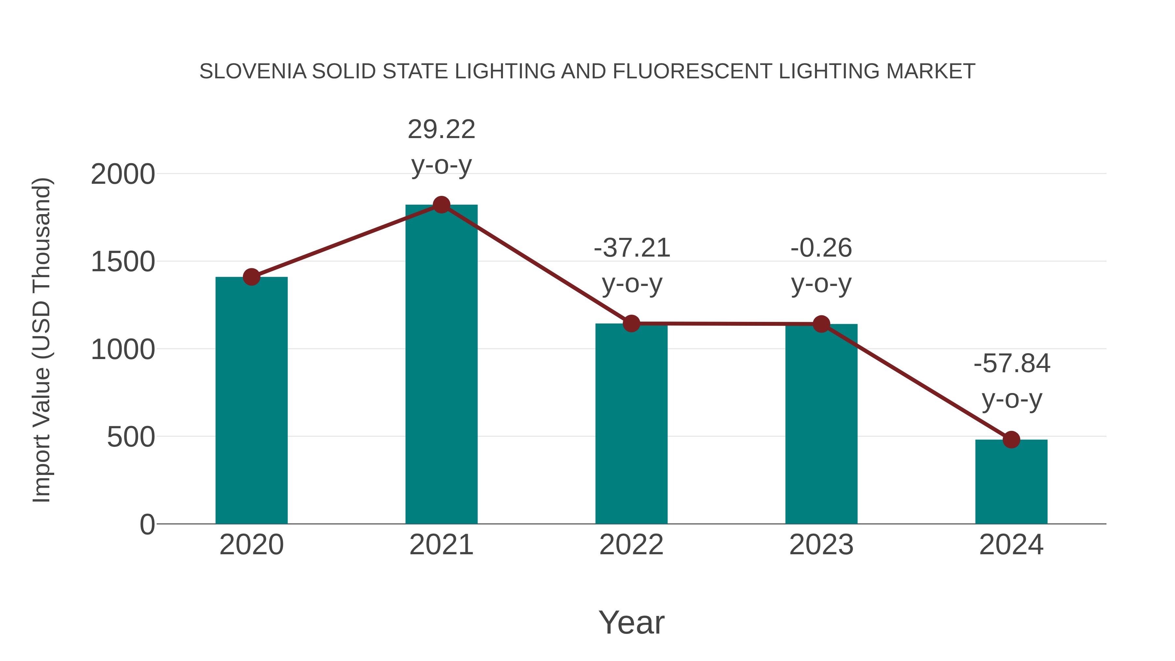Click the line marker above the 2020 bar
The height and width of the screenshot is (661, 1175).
(251, 276)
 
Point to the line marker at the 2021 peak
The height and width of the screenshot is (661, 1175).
(441, 205)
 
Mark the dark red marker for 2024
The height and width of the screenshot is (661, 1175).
(1011, 440)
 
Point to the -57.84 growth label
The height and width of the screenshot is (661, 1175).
(1012, 381)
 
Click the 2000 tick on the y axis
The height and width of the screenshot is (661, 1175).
(123, 174)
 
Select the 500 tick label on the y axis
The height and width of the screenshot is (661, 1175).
(131, 437)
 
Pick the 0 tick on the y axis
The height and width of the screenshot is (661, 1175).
(147, 524)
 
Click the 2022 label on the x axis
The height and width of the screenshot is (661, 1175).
(631, 545)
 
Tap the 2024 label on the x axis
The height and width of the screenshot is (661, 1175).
(1011, 545)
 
